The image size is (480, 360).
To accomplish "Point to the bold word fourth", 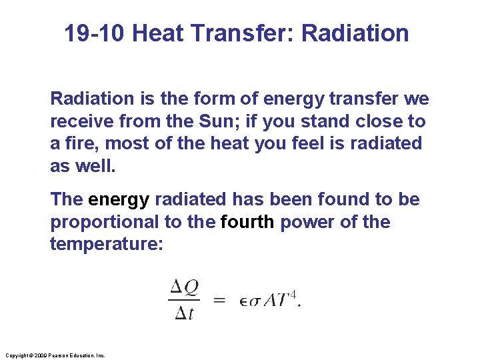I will point(247,221).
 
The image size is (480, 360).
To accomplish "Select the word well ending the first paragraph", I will point(97,165).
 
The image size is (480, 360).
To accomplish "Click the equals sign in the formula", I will point(219,300).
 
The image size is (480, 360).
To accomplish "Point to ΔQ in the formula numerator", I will point(184,287).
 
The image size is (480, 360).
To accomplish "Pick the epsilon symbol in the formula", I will point(243,301).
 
